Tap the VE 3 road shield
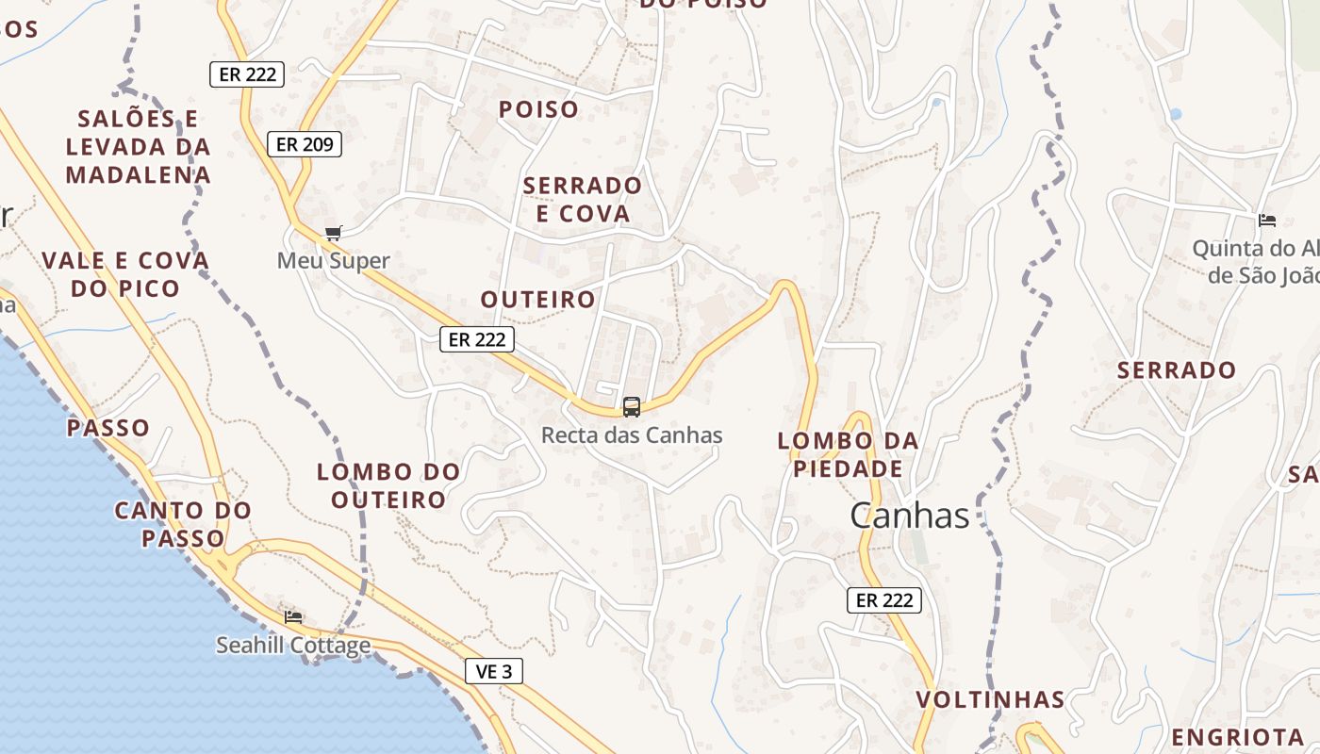tap(494, 671)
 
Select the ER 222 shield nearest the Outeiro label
tap(476, 339)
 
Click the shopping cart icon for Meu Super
tap(332, 233)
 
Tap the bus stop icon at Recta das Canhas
tap(632, 407)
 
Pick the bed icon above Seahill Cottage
tap(293, 617)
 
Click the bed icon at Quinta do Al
tap(1267, 221)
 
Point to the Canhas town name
tap(909, 516)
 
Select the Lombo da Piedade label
tap(848, 454)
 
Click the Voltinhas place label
tap(990, 700)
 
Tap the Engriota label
tap(1237, 736)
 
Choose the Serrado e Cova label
tap(583, 199)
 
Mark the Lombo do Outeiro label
tap(388, 484)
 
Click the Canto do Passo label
tap(184, 524)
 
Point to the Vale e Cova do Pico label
tap(125, 274)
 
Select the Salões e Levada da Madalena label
tap(139, 146)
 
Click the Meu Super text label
tap(333, 260)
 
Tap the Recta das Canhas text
tap(632, 435)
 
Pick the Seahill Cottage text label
tap(293, 646)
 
